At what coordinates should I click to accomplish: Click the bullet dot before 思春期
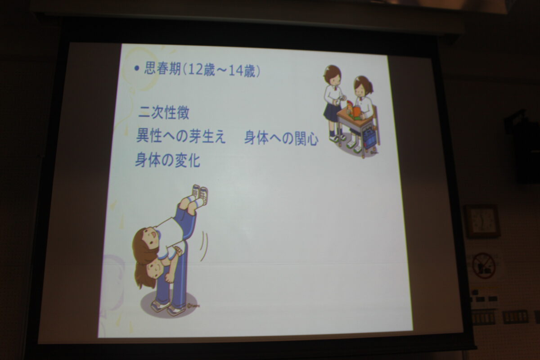pos(137,68)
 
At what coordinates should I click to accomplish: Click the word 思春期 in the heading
pos(162,68)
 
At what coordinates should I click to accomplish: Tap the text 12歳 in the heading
pos(201,70)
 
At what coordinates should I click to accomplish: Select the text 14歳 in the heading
pos(242,71)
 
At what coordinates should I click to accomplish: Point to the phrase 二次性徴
pos(164,112)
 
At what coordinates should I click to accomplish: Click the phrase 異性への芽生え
pos(181,136)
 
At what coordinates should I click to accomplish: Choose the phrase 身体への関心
pos(281,139)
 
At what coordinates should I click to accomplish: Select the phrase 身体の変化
pos(167,160)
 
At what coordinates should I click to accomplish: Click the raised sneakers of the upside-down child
pos(201,194)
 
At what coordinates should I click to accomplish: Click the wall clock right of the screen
pos(481,221)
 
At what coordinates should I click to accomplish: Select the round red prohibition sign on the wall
pos(483,265)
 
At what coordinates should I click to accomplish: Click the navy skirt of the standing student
pos(332,112)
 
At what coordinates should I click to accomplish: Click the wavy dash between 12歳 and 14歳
pos(221,70)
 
